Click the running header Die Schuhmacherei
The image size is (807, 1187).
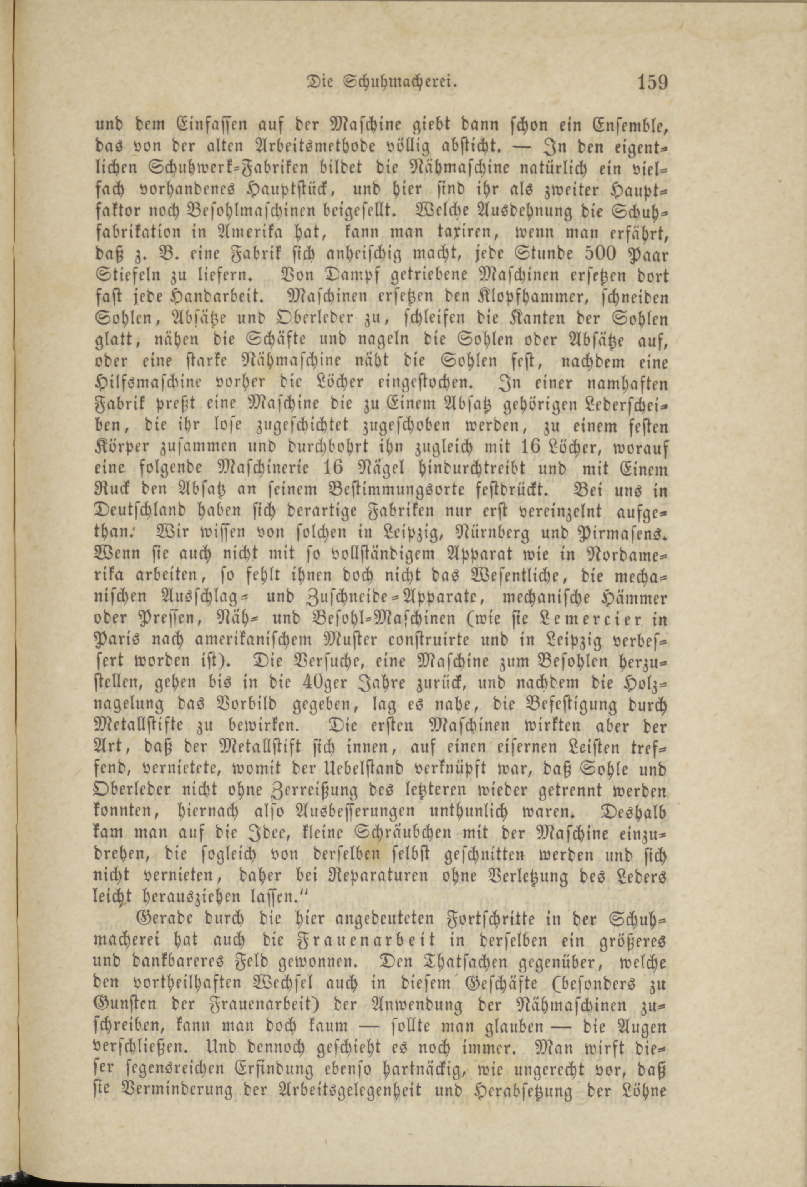click(380, 83)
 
